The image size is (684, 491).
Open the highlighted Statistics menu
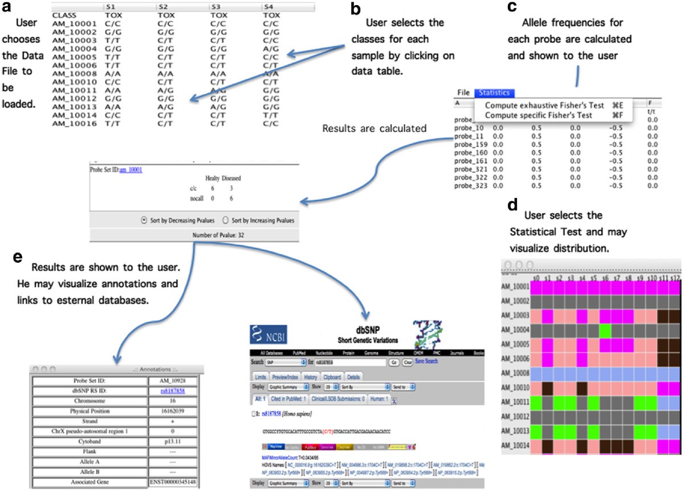[x=495, y=92]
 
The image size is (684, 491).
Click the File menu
[x=463, y=92]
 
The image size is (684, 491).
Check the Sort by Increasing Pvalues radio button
[x=226, y=220]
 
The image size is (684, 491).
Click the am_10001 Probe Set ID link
[x=131, y=169]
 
